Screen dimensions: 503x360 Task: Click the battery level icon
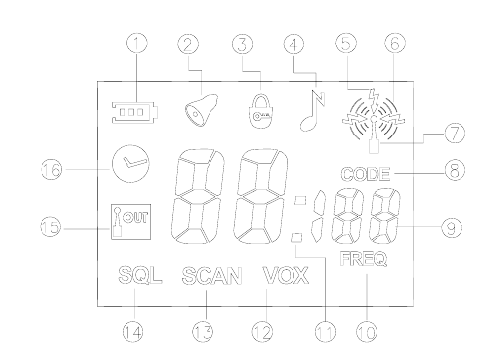pos(134,112)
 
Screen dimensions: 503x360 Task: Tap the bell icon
pos(201,111)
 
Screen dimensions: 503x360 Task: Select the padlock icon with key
pos(261,111)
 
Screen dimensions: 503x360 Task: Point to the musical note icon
pos(312,110)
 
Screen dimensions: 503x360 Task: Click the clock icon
pos(130,163)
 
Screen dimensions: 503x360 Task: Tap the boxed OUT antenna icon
pos(130,222)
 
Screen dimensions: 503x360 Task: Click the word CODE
pos(366,174)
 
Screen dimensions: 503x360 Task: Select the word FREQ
pos(364,259)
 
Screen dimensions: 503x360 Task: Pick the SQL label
pos(140,275)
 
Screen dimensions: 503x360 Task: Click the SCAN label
pos(211,276)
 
